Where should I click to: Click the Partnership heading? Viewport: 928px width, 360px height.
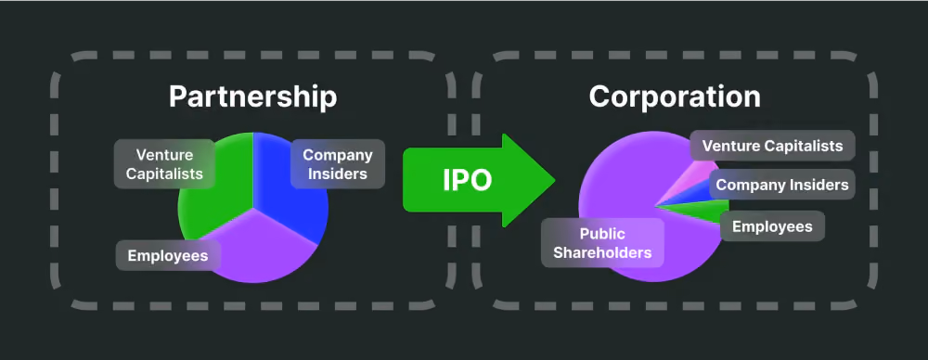pos(252,97)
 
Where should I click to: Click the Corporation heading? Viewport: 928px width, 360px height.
pos(675,97)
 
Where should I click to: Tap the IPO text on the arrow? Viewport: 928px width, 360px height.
pos(468,181)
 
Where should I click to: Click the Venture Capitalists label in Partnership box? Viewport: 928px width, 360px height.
pos(164,164)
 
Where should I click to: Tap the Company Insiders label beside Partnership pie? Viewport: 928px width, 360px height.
pos(338,164)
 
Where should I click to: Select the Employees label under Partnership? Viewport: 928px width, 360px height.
pos(168,255)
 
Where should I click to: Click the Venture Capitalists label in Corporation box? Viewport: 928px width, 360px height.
pos(772,146)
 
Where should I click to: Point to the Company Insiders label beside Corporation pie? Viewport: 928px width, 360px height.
pos(781,184)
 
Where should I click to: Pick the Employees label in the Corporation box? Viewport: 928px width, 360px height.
pos(772,225)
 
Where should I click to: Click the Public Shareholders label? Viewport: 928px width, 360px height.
pos(602,243)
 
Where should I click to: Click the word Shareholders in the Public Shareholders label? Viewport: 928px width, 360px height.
pos(602,252)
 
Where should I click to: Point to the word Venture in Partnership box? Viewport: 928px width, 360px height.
pos(164,155)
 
